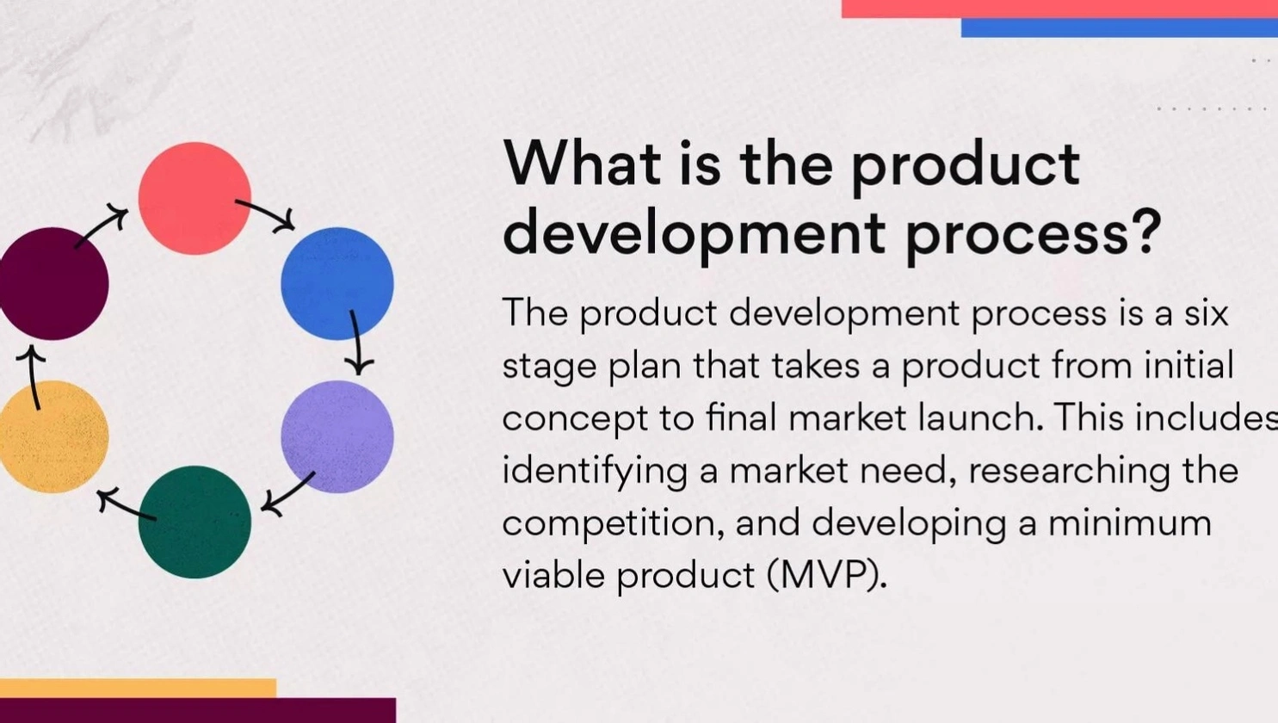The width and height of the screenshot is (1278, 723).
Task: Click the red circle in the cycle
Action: tap(194, 198)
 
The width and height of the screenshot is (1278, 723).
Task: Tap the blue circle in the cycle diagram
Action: tap(337, 284)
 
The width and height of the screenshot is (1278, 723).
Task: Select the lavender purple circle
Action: tap(337, 436)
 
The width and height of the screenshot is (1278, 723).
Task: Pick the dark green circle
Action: tap(194, 522)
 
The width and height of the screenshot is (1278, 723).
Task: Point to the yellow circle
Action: tap(52, 436)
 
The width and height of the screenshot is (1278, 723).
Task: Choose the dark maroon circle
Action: tap(52, 284)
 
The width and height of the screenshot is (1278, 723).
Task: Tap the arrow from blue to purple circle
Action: tap(355, 343)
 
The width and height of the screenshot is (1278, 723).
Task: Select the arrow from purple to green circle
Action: tap(288, 494)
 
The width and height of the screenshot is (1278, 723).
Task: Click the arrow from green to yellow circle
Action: tap(127, 505)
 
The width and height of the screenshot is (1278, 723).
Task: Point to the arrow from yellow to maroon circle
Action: tap(33, 377)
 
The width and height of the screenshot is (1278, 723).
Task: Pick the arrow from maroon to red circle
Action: tap(101, 228)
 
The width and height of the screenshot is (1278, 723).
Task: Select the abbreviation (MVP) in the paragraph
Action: tap(827, 575)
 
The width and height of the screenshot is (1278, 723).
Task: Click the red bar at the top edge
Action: tap(1059, 9)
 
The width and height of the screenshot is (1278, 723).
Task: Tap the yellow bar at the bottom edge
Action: tap(138, 689)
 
